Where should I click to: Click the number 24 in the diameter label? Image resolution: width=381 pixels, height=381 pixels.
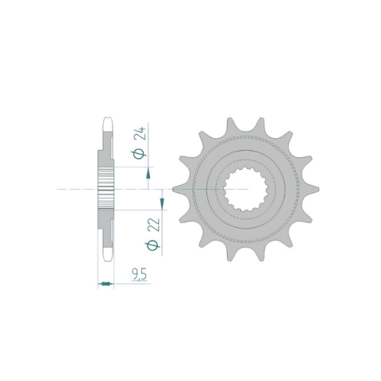(140, 133)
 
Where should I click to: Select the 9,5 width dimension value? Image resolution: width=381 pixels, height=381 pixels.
(139, 275)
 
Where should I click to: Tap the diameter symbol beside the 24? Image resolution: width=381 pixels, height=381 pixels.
(138, 154)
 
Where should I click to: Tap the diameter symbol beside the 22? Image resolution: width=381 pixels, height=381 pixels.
(152, 245)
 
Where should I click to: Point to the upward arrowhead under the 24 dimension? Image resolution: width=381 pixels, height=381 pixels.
(148, 173)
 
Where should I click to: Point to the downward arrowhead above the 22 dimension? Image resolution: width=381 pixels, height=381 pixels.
(162, 203)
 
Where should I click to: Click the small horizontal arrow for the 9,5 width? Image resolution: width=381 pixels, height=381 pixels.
(106, 284)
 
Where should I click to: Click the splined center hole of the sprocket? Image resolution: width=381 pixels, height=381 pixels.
(246, 189)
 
